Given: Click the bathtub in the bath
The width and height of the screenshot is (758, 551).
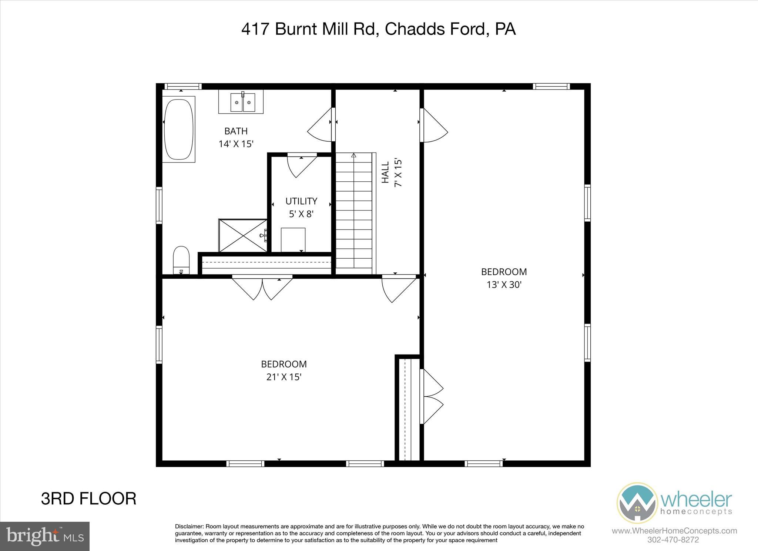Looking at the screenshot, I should (x=178, y=129).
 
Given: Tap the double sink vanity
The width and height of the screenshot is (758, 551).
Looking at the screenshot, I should (x=241, y=102).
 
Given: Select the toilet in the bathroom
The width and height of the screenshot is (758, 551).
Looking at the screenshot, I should (x=181, y=259).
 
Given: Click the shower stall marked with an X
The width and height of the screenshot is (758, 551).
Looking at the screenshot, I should (x=242, y=235).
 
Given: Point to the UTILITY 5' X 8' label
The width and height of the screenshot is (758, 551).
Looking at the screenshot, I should (x=301, y=207).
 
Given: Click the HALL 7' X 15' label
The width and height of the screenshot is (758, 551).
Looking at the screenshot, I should (x=392, y=173).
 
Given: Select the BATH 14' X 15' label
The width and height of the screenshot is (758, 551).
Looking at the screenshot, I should (x=236, y=137).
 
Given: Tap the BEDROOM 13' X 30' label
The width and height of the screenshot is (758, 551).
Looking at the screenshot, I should (x=504, y=278).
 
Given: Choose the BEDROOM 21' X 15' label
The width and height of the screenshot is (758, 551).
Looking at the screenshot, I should (x=284, y=370).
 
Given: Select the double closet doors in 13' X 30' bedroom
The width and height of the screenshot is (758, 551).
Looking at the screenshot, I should (x=432, y=397).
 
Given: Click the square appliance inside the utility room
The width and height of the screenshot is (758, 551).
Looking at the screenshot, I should (x=293, y=239).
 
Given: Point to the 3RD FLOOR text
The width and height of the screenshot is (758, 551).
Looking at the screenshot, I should (x=88, y=499).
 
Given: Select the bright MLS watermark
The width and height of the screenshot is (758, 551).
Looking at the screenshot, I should (x=45, y=536).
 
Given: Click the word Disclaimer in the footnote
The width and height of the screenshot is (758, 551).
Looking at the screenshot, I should (x=189, y=527).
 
